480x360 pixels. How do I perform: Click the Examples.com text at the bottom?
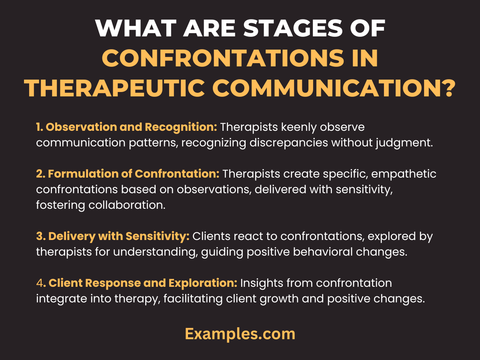[x=240, y=334]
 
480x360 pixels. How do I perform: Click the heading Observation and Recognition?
[x=131, y=127]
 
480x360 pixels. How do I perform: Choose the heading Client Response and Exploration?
[x=143, y=283]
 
